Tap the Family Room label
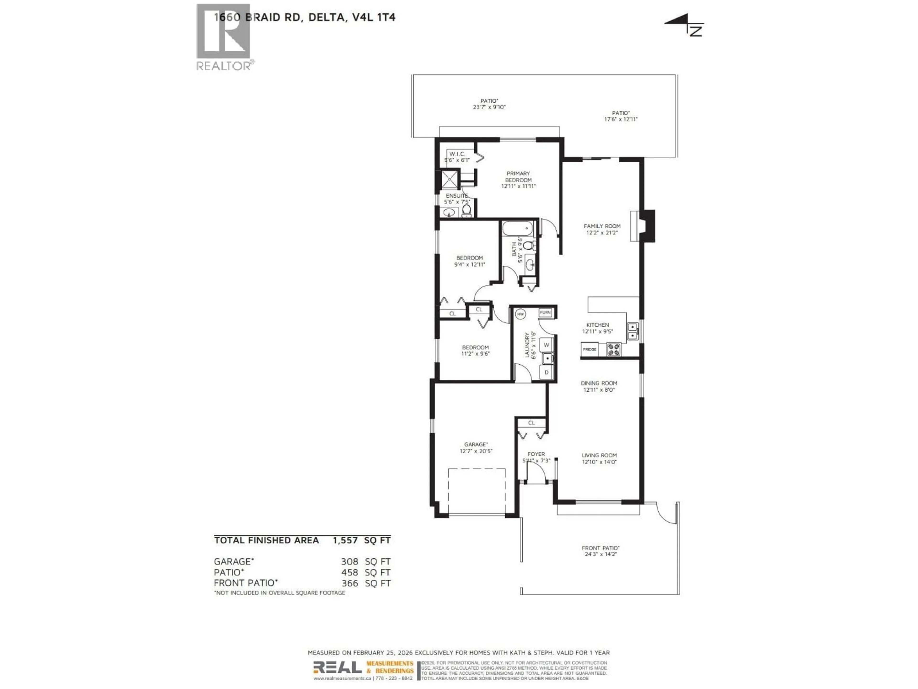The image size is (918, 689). pyautogui.click(x=602, y=229)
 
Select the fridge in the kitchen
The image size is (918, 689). pyautogui.click(x=589, y=349)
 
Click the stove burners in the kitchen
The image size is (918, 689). pyautogui.click(x=614, y=349)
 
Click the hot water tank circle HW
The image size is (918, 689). pyautogui.click(x=520, y=314)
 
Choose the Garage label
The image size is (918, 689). pyautogui.click(x=475, y=447)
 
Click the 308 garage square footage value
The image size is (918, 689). pyautogui.click(x=350, y=561)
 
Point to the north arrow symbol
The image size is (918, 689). pyautogui.click(x=685, y=25)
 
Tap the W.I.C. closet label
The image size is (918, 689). pyautogui.click(x=457, y=156)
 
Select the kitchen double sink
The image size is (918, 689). pyautogui.click(x=633, y=331)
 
